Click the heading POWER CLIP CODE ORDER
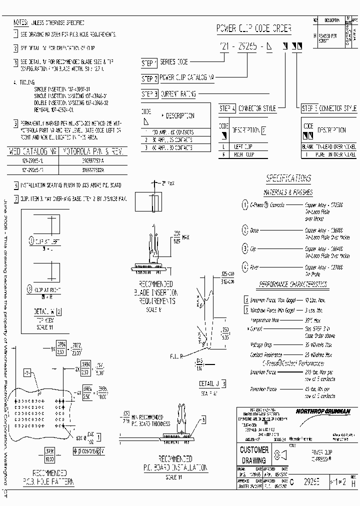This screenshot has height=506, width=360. click(x=253, y=29)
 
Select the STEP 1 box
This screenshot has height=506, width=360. click(x=149, y=63)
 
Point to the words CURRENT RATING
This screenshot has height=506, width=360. click(x=178, y=93)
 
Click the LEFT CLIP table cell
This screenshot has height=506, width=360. click(x=245, y=147)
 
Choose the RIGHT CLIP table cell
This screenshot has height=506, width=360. click(x=245, y=154)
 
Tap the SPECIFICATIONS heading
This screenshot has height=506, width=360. click(x=288, y=178)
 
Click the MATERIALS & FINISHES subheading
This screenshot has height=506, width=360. click(x=288, y=192)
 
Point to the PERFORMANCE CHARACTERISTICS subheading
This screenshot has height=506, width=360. click(x=293, y=284)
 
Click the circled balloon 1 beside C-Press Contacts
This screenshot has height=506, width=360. click(x=245, y=205)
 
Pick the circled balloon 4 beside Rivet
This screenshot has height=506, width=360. click(x=245, y=266)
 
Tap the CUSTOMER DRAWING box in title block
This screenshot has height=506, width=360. click(x=254, y=455)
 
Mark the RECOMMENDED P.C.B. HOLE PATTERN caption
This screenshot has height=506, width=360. click(x=49, y=477)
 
